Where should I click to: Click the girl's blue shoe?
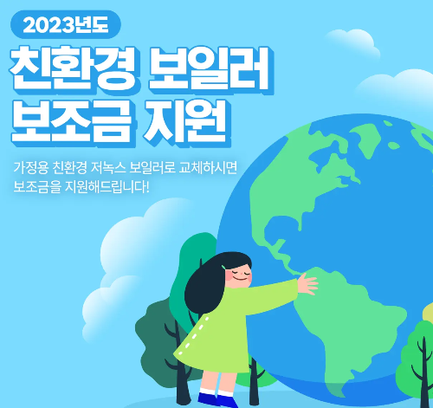pyautogui.click(x=207, y=399)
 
